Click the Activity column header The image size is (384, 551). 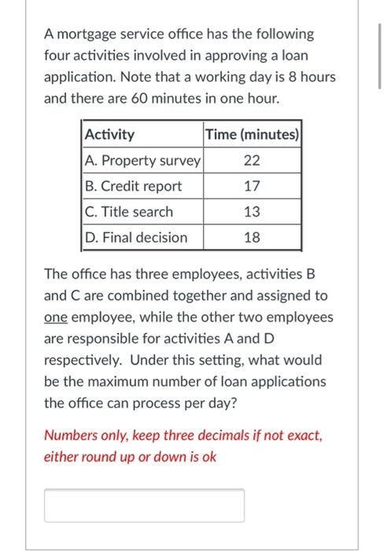click(x=109, y=135)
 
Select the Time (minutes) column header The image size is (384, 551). click(x=252, y=135)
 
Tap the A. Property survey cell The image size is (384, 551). click(x=142, y=161)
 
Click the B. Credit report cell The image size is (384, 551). click(x=133, y=187)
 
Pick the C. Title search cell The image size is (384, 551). click(x=129, y=212)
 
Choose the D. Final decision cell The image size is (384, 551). click(x=136, y=238)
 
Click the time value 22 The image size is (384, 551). click(x=252, y=161)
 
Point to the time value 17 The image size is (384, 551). click(x=252, y=187)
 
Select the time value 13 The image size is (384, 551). click(x=252, y=212)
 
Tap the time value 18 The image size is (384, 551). click(x=252, y=238)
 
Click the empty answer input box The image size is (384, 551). click(x=144, y=505)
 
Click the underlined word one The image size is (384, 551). click(x=57, y=318)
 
